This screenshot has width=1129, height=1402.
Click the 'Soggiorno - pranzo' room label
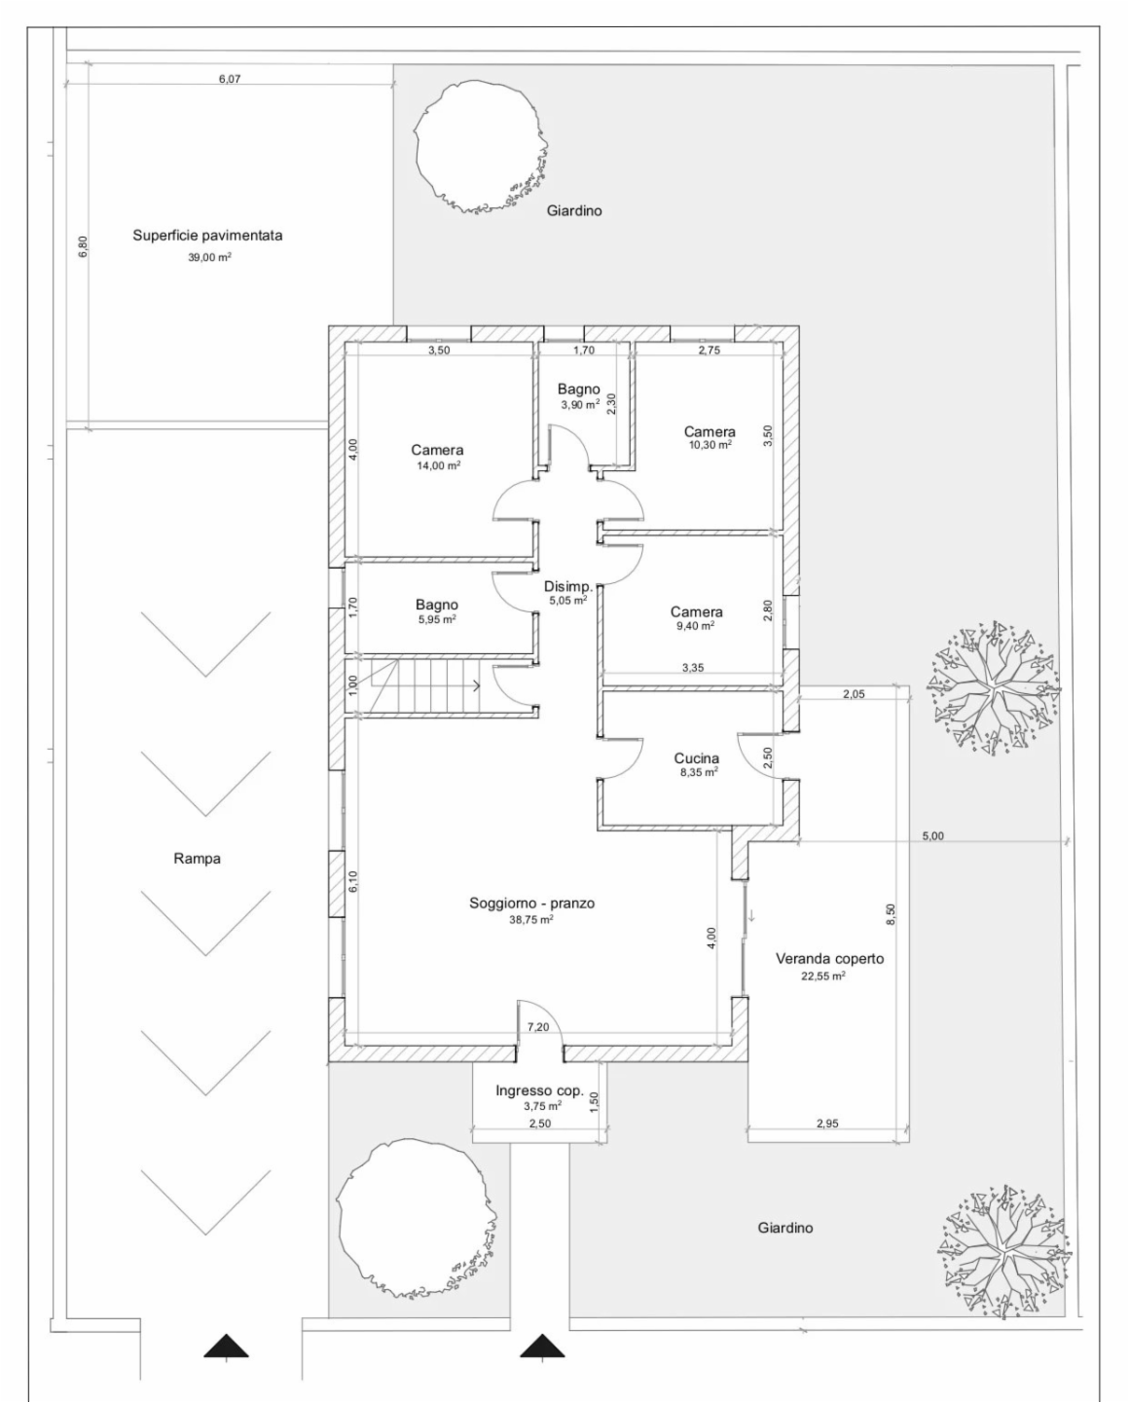531,904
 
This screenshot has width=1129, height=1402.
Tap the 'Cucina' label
697,758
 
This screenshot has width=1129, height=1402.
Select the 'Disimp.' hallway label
568,586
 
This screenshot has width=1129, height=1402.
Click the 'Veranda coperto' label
829,959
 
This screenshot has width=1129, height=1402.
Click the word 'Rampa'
197,859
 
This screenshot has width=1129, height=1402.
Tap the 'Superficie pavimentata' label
208,236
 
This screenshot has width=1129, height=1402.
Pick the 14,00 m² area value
438,465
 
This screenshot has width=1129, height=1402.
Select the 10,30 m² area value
710,444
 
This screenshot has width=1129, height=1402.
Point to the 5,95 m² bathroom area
436,619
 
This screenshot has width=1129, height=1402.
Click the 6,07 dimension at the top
230,79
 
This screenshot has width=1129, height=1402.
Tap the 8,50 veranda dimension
892,913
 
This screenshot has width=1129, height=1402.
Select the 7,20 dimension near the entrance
538,1027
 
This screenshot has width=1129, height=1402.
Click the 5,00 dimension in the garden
933,836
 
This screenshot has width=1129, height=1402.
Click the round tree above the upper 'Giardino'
481,147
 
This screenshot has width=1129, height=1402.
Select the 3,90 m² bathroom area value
580,405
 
